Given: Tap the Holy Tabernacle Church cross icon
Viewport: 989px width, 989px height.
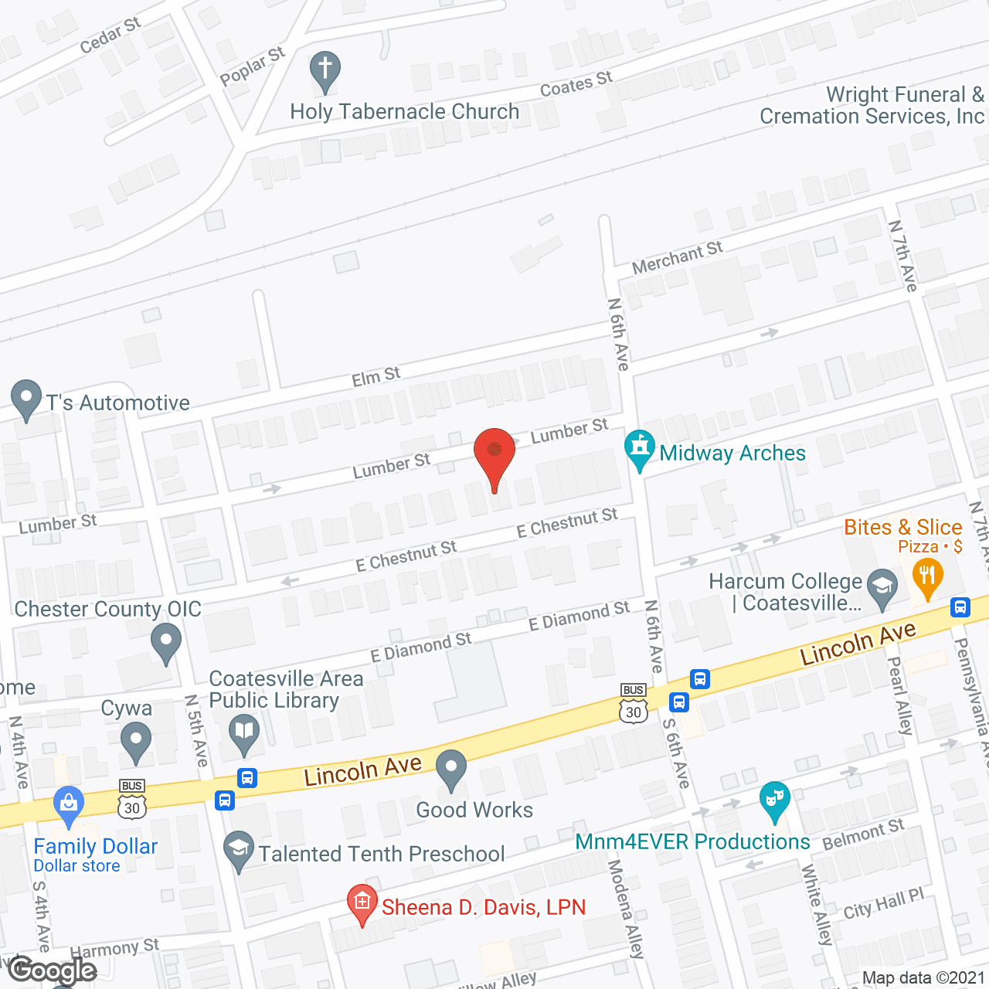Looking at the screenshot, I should pos(325,70).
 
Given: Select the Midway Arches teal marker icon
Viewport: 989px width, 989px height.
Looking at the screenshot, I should pos(639,449).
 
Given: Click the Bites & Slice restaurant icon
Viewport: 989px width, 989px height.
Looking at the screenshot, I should pos(927,576).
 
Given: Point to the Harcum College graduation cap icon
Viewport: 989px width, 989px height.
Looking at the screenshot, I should pos(882,588).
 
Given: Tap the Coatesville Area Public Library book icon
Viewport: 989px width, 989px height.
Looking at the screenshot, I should pos(244,732).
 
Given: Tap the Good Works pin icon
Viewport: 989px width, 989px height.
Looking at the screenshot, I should pos(451,769).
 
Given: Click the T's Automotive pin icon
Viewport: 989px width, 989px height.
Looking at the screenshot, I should pos(26,399).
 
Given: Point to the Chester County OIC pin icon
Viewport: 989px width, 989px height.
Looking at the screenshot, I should pos(165,641).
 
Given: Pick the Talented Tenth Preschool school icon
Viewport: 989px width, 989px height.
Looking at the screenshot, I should pos(239,849).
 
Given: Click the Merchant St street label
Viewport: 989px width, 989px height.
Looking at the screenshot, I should pos(677,257).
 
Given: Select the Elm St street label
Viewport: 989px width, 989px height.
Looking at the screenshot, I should pos(376,377).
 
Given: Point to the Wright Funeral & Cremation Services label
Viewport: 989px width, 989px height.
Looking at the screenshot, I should pos(872,106).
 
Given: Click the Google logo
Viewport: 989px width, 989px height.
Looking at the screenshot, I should pos(53,970).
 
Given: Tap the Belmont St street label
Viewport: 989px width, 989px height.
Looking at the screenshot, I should pos(863,835).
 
